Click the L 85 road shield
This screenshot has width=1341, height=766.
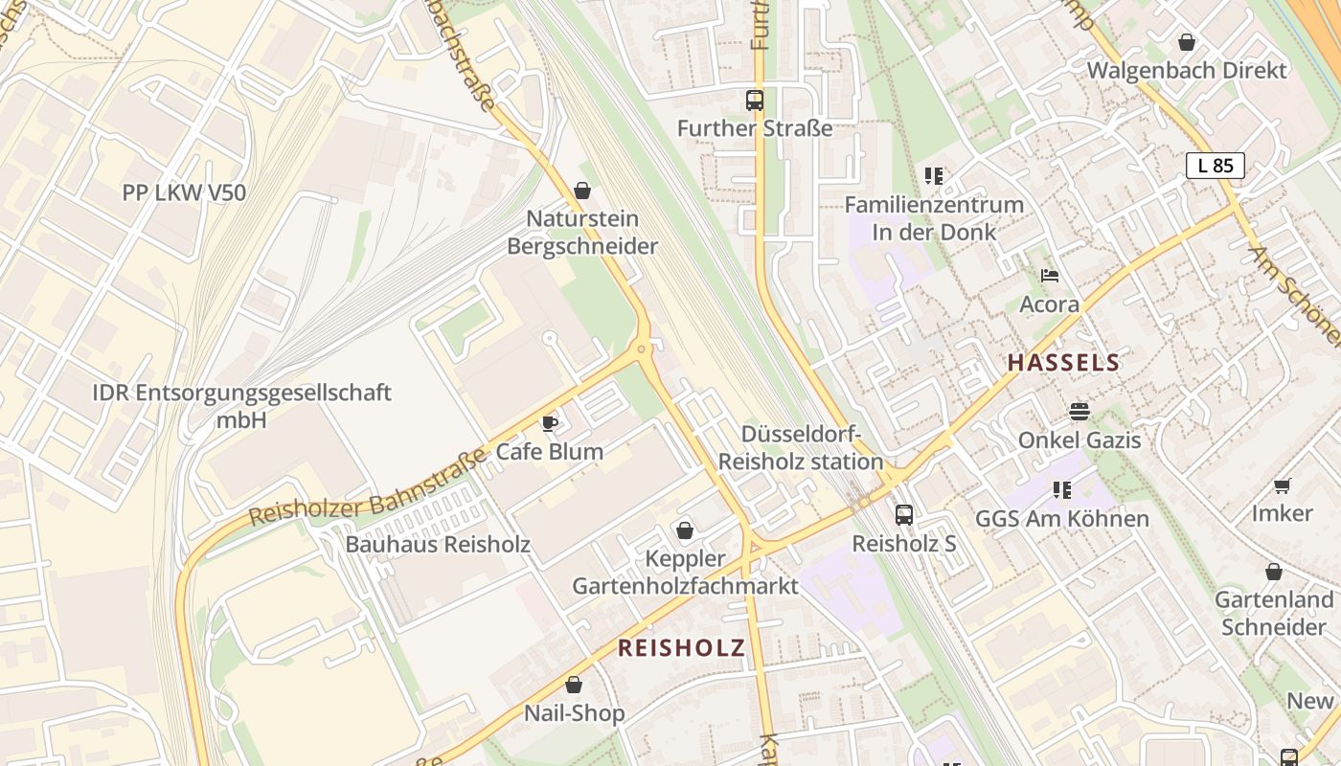[x=1216, y=166]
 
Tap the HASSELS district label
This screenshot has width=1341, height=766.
[x=1063, y=363]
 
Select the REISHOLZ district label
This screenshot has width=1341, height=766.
[x=681, y=648]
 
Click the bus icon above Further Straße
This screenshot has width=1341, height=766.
[x=755, y=100]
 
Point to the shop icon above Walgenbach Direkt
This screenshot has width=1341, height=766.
[x=1187, y=42]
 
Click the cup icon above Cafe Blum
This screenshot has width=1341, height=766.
[x=550, y=423]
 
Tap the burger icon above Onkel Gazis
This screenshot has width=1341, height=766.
[x=1080, y=412]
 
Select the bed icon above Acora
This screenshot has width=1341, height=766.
[x=1050, y=276]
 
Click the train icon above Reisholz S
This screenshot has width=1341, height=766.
[x=904, y=515]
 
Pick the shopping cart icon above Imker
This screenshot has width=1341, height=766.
[x=1283, y=485]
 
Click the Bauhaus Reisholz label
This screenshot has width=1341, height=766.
[x=438, y=545]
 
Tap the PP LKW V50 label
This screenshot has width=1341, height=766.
[x=184, y=192]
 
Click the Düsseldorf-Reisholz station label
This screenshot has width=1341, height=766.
[x=801, y=447]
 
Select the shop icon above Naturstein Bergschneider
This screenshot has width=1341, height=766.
[x=581, y=191]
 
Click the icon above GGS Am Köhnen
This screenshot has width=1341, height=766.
[x=1061, y=490]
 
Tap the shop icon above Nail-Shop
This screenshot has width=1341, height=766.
[x=574, y=685]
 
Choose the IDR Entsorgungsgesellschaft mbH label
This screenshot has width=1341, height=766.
[x=241, y=406]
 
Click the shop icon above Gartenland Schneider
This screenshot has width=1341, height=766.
[x=1273, y=572]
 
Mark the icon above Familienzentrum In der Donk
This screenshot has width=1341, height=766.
[x=934, y=176]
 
